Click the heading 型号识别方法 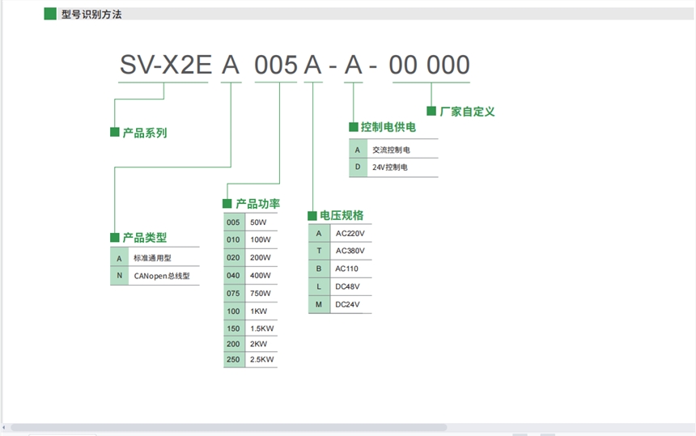[x=91, y=15]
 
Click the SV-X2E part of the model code [x=165, y=66]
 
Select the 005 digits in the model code [x=276, y=66]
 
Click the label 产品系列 [x=144, y=133]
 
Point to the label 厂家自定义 [x=467, y=112]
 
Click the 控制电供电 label [x=388, y=127]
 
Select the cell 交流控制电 [x=391, y=150]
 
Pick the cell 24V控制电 [x=389, y=168]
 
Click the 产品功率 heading [x=257, y=204]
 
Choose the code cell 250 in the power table [x=233, y=358]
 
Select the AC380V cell [x=350, y=251]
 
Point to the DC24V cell [x=347, y=304]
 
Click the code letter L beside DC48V [x=319, y=286]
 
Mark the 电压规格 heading [x=342, y=215]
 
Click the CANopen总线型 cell [x=162, y=276]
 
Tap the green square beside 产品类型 [x=115, y=237]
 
